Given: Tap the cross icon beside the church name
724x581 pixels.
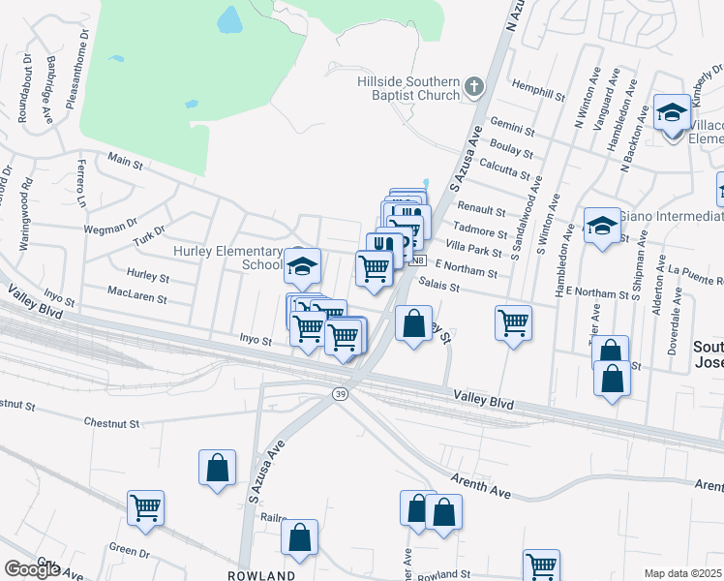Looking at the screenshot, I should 473,87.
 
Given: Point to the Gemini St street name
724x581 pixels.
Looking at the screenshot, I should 513,128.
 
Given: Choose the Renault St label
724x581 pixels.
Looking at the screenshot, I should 481,210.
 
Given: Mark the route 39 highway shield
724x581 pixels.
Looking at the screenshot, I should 340,394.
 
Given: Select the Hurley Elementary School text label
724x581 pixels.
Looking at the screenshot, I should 226,258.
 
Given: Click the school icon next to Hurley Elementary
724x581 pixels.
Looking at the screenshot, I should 303,264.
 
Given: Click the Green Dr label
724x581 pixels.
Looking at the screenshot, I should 128,548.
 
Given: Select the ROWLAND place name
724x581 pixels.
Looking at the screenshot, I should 260,575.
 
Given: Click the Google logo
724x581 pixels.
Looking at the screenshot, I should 32,569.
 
